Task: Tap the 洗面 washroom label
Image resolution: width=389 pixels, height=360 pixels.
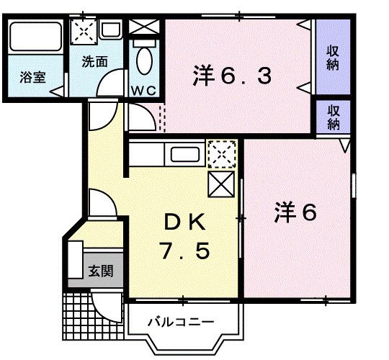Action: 94,62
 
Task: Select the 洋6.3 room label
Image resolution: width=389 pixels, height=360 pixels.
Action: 232,76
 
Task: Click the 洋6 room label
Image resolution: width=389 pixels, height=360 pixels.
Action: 295,212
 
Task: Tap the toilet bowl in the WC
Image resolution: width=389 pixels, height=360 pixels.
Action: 144,62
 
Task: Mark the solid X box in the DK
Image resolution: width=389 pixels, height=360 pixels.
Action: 220,184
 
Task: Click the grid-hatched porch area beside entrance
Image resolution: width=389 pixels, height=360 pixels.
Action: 81,312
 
